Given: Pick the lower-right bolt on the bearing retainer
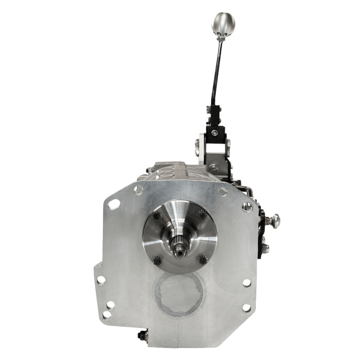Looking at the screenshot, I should pyautogui.click(x=201, y=259).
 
